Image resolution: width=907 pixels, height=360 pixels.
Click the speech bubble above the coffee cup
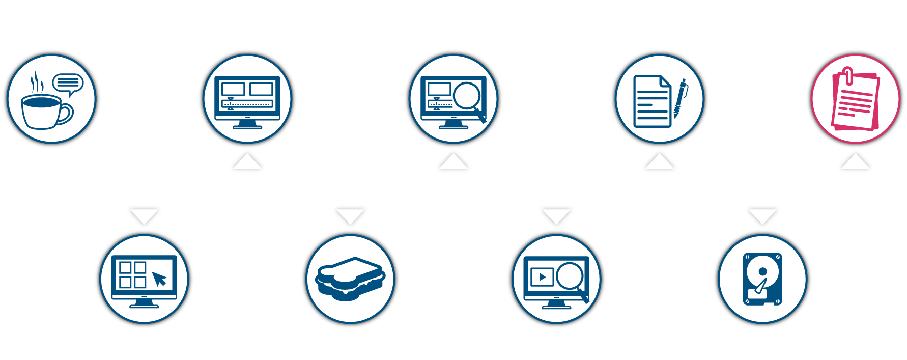[x=68, y=83]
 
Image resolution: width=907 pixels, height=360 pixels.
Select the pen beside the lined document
[x=680, y=98]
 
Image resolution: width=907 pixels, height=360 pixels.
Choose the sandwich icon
[x=350, y=279]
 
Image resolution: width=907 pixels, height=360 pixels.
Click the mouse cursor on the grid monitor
[x=159, y=279]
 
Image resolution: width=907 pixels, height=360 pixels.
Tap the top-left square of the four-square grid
[x=125, y=267]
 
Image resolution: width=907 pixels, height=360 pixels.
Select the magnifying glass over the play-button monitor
[x=571, y=278]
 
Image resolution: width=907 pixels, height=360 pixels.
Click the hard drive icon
[x=762, y=279]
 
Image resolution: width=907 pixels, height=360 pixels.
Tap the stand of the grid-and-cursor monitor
[x=144, y=303]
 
